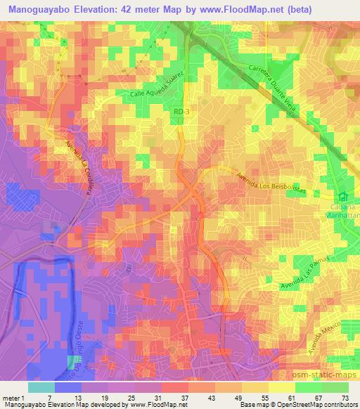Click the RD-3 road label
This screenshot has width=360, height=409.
point(181,110)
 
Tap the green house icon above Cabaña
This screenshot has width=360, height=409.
point(344,197)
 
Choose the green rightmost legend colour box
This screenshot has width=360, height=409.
point(335,387)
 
